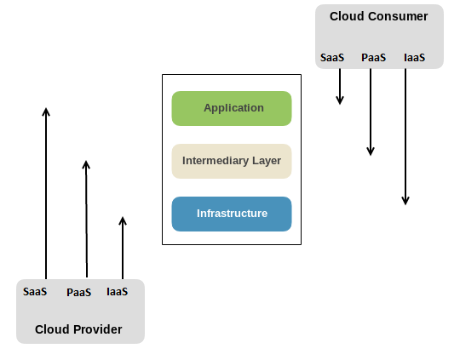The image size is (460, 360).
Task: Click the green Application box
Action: pos(232,108)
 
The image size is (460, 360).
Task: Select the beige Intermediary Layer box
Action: pos(232,161)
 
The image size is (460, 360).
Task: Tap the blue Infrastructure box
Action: pos(232,214)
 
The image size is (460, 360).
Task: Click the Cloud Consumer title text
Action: pos(378,16)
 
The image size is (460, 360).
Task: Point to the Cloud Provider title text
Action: pos(78,329)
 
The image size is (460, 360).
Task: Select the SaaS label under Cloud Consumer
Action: pos(332,58)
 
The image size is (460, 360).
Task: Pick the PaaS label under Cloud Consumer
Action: pos(373,58)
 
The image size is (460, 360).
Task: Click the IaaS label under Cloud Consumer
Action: pos(414,58)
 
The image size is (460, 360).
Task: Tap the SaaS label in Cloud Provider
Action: pos(35,292)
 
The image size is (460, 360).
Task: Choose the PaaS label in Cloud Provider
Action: pos(79,292)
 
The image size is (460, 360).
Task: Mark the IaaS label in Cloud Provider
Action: pos(117,292)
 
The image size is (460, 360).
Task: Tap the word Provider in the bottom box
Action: pos(98,329)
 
